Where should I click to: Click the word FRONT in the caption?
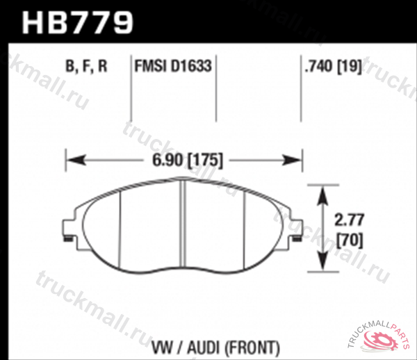(x=256, y=345)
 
